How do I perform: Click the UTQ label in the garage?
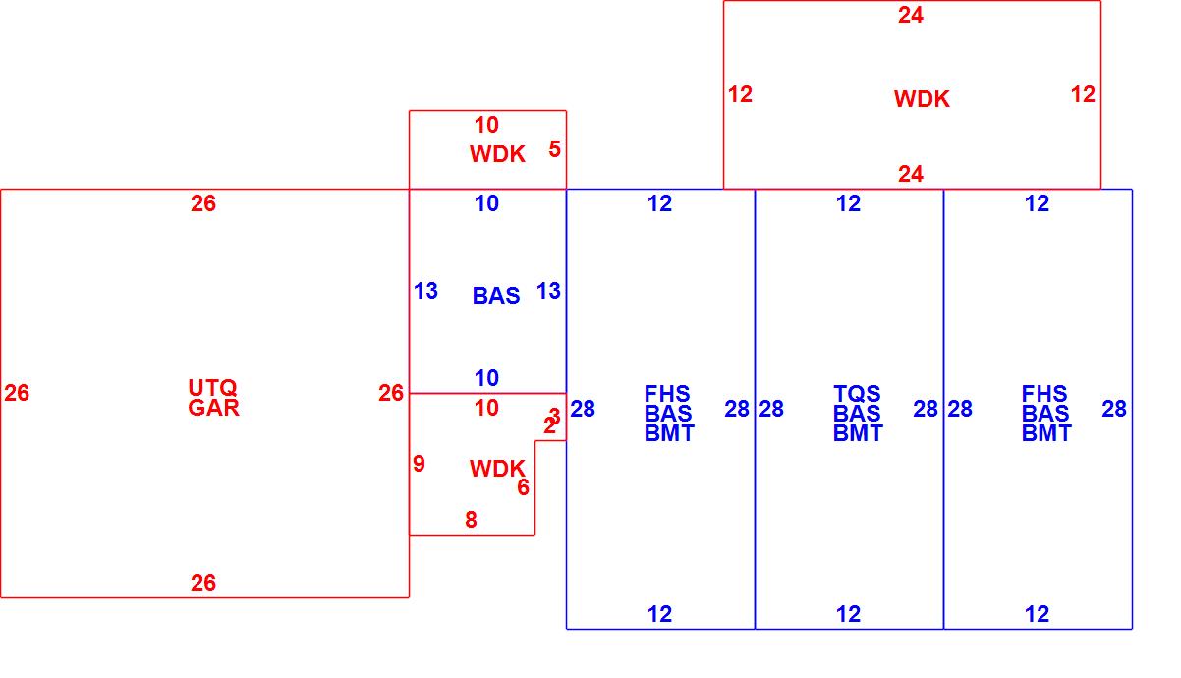click(212, 388)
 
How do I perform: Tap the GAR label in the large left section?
click(212, 408)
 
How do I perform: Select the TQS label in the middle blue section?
click(857, 394)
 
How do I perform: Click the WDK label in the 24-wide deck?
click(922, 99)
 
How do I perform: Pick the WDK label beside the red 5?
click(497, 154)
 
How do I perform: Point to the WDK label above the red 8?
click(497, 469)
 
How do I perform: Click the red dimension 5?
click(555, 149)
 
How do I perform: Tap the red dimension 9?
click(420, 464)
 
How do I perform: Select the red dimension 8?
click(472, 520)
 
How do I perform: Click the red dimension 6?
click(523, 487)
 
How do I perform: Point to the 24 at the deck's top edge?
click(911, 15)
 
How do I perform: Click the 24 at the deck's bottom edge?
click(911, 174)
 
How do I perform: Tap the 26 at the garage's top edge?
click(203, 203)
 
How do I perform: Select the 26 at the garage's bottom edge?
click(203, 583)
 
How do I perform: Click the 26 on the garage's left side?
click(17, 393)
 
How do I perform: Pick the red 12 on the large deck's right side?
click(1083, 94)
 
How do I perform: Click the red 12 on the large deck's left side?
click(740, 94)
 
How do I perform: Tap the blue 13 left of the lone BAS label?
click(425, 291)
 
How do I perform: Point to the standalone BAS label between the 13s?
click(496, 296)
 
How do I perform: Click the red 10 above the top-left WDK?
click(486, 125)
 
